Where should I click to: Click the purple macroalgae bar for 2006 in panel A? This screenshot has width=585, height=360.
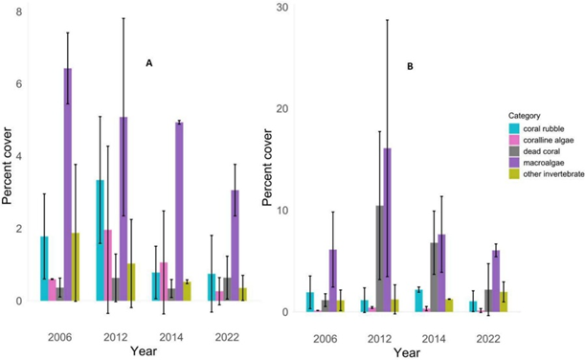(68, 185)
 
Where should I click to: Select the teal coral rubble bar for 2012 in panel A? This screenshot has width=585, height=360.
(101, 240)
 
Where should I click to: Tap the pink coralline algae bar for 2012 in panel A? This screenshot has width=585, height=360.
(108, 265)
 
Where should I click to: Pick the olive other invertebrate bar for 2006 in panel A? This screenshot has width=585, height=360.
(76, 267)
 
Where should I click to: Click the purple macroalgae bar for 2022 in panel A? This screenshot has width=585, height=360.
(235, 245)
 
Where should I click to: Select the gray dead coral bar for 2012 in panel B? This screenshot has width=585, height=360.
(380, 259)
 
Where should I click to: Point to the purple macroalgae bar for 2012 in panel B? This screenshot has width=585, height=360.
(387, 230)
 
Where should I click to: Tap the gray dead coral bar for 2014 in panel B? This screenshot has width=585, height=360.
(434, 278)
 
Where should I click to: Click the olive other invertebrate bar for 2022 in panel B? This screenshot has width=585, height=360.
(504, 302)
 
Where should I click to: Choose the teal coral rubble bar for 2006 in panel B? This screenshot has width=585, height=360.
(310, 302)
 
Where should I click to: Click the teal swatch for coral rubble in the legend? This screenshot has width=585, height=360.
(514, 129)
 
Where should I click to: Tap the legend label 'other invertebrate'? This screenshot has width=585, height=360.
(553, 174)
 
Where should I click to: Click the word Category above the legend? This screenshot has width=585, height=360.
(525, 116)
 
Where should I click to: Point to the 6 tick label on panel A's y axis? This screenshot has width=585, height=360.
(19, 84)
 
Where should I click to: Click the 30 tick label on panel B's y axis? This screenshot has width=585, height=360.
(282, 8)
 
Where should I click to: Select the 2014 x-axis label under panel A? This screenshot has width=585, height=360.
(171, 337)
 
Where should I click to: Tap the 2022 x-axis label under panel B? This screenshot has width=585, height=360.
(488, 339)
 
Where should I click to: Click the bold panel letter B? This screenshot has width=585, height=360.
(410, 67)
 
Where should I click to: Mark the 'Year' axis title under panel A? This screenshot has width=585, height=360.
(144, 351)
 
